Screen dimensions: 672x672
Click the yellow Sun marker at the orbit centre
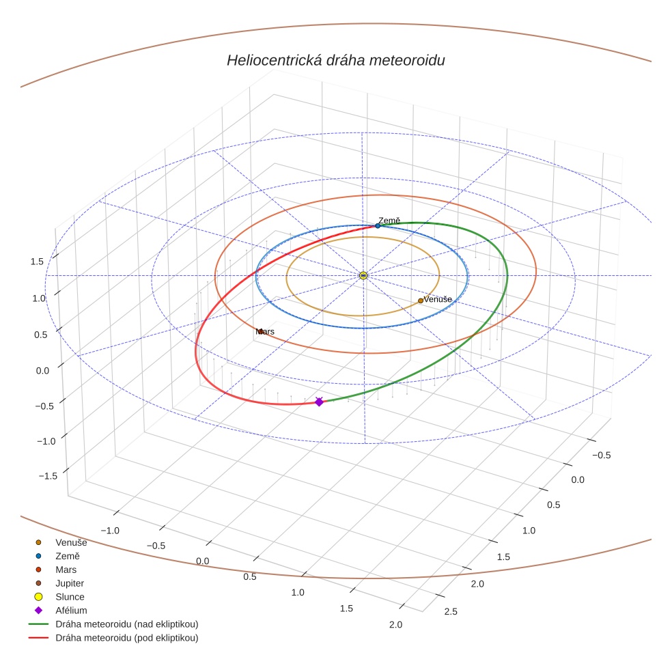point(363,275)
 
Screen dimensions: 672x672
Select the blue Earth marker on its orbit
point(378,225)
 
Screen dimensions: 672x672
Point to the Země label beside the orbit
point(389,221)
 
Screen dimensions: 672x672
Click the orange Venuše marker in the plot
point(421,300)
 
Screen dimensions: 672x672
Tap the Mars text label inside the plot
point(265,331)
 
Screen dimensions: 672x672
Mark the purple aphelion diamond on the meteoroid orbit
point(319,402)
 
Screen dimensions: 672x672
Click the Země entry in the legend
point(67,556)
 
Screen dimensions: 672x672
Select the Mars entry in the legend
point(66,570)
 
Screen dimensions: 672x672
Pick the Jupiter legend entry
point(70,583)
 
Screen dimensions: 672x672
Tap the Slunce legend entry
point(70,597)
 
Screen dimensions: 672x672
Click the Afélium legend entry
point(71,611)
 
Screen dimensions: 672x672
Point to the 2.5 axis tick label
point(451,611)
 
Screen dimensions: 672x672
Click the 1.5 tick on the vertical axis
point(37,262)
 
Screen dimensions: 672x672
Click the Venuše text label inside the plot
point(438,299)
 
